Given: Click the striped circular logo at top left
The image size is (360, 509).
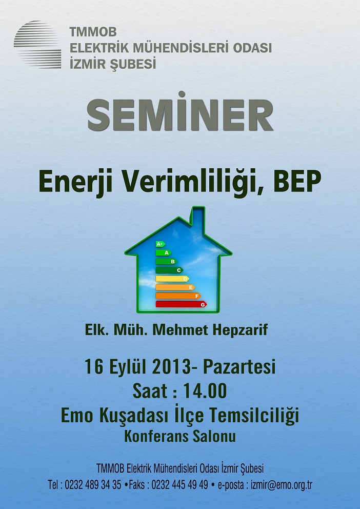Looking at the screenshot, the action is tap(37, 45).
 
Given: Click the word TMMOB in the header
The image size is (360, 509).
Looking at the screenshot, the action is tap(93, 32).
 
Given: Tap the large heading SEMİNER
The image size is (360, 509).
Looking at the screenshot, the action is tap(180, 112).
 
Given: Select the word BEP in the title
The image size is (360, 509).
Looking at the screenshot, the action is tap(297, 181).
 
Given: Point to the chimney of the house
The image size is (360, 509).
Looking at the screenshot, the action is tap(198, 218).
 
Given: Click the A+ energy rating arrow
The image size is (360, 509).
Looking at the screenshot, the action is tap(160, 244).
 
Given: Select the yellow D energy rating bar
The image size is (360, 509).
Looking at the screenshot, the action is tap(172, 279).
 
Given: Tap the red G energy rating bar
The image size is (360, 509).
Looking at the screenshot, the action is tap(182, 304).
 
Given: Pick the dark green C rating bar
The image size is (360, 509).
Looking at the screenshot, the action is tap(169, 270).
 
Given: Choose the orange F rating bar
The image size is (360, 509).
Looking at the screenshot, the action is tap(178, 296).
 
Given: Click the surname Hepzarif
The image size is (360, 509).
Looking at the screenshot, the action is tap(240, 330).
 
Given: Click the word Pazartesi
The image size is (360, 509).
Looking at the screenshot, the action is tap(239, 367).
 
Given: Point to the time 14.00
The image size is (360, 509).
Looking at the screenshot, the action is tap(205, 391).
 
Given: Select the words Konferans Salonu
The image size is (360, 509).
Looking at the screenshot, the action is tap(180, 436).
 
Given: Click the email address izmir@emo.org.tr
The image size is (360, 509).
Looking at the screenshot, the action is tap(282, 485).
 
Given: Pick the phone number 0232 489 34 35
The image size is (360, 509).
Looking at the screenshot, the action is tap(93, 485).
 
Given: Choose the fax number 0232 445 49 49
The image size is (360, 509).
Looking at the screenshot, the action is tap(179, 485).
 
